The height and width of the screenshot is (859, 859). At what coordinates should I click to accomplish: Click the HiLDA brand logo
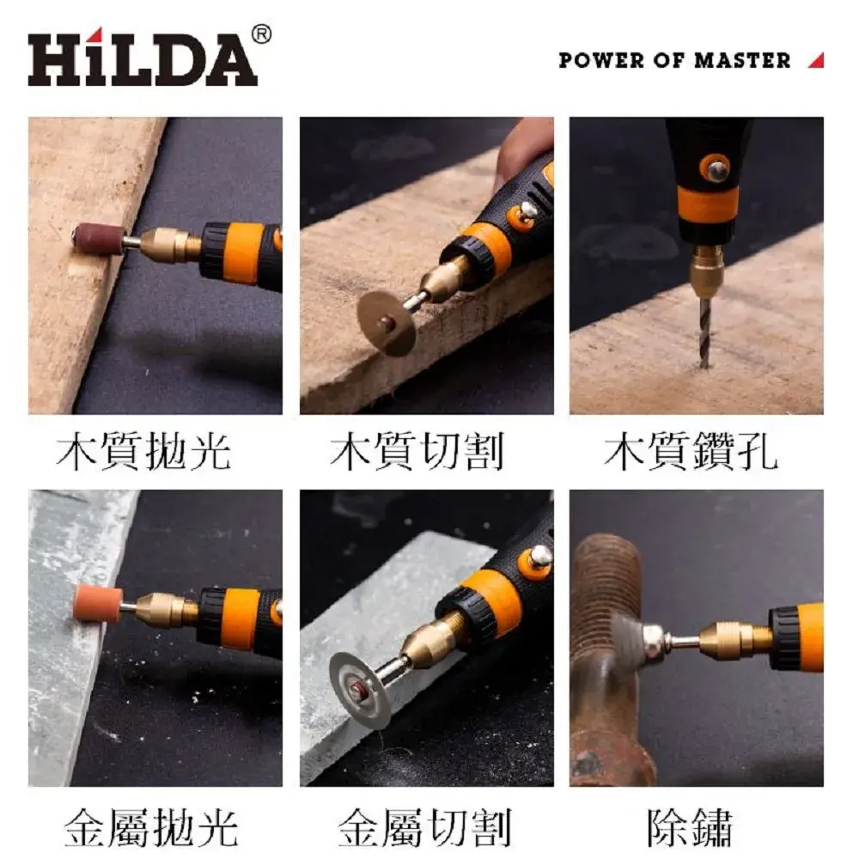143,58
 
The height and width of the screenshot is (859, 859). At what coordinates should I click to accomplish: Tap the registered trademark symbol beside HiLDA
261,34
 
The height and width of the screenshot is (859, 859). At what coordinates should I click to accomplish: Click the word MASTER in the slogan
742,60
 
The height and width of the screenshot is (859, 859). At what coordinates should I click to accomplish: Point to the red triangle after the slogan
816,60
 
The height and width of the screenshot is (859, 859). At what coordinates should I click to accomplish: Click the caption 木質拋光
143,452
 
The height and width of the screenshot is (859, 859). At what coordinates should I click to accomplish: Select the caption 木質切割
417,452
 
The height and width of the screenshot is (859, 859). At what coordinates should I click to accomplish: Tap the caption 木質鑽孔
691,452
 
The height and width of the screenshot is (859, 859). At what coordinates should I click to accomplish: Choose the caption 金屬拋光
151,827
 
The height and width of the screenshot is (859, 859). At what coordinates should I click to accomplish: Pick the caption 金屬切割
424,827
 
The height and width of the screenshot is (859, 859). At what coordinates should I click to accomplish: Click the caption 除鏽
690,827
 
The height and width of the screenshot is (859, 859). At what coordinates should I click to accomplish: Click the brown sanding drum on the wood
99,239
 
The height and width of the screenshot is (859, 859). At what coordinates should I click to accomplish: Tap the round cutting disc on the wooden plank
386,322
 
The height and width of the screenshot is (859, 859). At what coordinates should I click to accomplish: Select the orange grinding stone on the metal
98,603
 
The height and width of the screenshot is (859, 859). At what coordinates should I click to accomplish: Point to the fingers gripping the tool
523,148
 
